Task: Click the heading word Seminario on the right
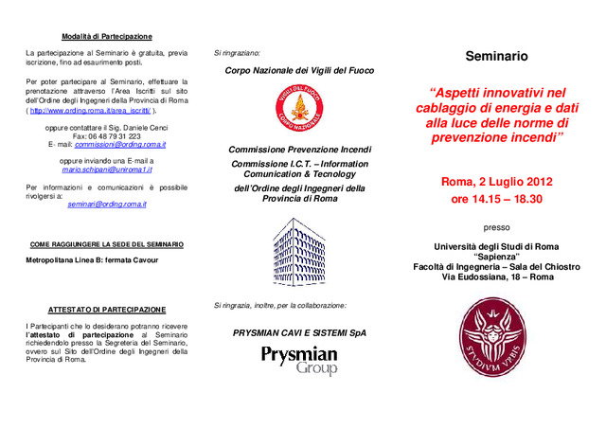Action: pos(496,58)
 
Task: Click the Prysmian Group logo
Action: pos(299,360)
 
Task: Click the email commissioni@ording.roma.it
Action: pos(120,145)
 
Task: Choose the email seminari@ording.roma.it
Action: pos(106,205)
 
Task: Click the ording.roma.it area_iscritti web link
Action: pos(90,111)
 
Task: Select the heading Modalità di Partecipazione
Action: pos(107,36)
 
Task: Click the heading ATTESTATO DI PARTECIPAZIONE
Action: pos(107,310)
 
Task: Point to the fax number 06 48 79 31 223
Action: pos(107,135)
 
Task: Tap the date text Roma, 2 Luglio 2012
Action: pos(496,181)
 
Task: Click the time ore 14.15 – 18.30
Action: pos(496,200)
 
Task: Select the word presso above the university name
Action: pos(496,227)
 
